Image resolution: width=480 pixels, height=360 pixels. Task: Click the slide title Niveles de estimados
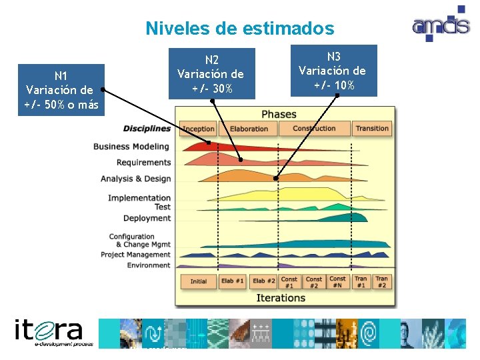pos(240,29)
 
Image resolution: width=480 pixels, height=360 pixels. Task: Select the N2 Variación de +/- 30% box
pos(211,73)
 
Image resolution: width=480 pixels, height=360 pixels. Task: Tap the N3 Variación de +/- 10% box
pos(332,71)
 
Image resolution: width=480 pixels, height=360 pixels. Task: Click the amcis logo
pos(441,25)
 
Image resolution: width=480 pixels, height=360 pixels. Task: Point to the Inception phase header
pos(199,129)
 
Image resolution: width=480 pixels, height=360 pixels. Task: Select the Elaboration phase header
pos(249,129)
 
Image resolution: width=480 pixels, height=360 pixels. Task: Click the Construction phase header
pos(315,129)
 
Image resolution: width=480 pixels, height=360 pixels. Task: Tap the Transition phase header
pos(372,129)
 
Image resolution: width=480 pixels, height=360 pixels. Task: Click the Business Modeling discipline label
pos(131,147)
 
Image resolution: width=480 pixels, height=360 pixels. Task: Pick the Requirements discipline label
pos(143,163)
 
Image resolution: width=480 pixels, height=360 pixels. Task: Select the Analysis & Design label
pos(136,179)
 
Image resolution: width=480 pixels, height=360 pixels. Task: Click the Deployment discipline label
pos(147,218)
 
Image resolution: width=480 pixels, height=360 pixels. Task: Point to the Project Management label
pos(135,255)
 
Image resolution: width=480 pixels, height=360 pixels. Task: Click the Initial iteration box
pos(199,281)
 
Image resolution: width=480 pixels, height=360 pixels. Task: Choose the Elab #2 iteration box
pos(263,281)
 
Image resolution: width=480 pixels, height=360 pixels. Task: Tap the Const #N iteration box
pos(338,282)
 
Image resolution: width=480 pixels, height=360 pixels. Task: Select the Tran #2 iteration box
pos(381,282)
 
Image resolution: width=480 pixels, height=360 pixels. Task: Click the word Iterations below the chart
pos(281,298)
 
